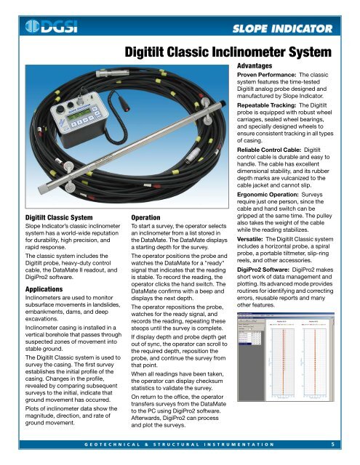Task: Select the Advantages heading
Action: (259, 66)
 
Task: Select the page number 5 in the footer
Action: (332, 443)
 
